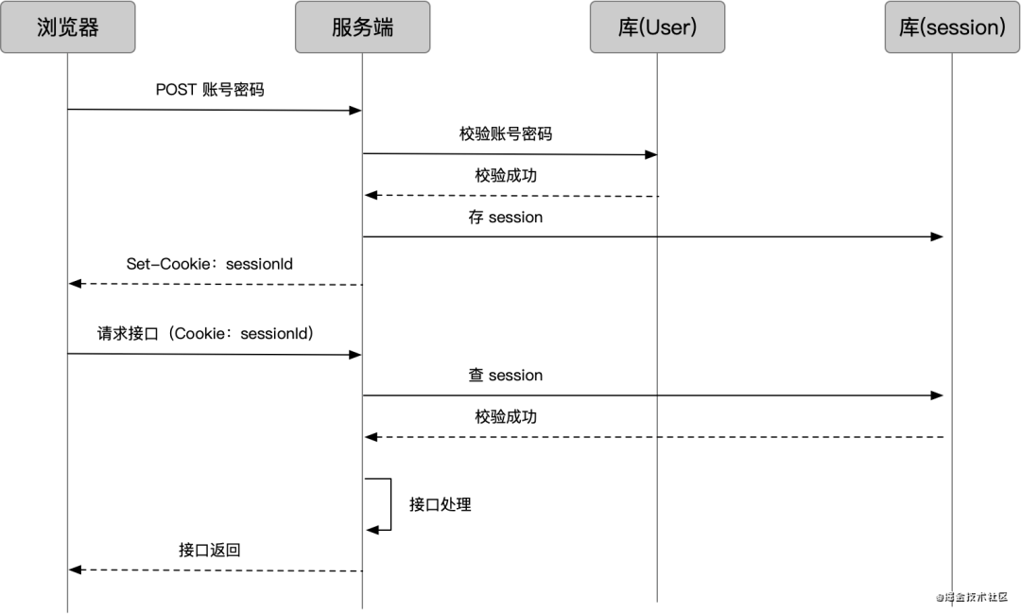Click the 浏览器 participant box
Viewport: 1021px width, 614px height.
67,26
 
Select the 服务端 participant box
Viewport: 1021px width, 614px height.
362,26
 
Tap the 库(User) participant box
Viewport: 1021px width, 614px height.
657,26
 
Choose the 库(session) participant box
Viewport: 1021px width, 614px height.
952,26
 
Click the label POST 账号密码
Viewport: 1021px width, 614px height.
210,90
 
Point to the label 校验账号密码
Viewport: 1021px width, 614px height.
506,133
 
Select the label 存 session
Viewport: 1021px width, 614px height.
506,218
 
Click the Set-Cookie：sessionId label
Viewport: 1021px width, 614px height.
210,264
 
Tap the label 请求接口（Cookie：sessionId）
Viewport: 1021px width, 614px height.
206,334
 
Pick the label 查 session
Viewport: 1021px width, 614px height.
506,376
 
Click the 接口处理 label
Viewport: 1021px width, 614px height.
440,504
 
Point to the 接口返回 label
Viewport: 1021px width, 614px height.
210,550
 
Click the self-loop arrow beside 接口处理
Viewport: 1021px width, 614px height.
388,504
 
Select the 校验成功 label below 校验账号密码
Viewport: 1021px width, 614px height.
506,176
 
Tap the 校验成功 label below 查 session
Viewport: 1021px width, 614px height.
506,417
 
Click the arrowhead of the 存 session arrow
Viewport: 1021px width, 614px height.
938,237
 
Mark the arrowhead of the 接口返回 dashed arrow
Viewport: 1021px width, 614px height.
76,570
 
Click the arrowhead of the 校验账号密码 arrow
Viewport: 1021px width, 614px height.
650,154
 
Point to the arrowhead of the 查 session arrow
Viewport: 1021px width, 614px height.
938,395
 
